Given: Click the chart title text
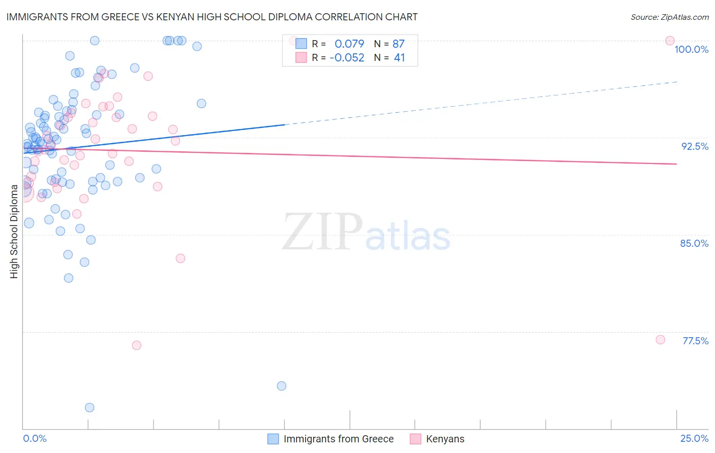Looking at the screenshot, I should [x=212, y=17].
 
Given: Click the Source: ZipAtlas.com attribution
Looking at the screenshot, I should [x=669, y=17].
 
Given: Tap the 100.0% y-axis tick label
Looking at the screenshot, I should [x=691, y=49].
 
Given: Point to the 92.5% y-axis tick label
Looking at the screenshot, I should [x=695, y=146].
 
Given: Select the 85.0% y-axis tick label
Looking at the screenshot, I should [x=694, y=243].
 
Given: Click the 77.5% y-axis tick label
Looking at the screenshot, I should [x=695, y=341].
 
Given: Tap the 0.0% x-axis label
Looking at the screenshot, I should [x=35, y=438].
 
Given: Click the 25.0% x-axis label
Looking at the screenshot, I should [x=694, y=438].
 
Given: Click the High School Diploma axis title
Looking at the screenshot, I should [x=14, y=232].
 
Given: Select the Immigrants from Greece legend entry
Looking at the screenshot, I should [x=338, y=439].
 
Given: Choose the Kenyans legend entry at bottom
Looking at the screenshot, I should [x=445, y=439].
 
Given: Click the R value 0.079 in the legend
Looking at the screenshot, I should [x=349, y=44].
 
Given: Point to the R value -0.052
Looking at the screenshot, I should [x=347, y=57].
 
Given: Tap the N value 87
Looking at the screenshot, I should [x=399, y=44].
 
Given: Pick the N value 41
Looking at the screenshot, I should [x=399, y=57].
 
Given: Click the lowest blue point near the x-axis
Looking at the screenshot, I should [x=90, y=407].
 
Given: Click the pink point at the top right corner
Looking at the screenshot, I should [x=670, y=41].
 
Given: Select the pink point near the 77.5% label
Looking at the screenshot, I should [x=660, y=340].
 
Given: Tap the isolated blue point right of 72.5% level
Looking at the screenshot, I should [x=281, y=386].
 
